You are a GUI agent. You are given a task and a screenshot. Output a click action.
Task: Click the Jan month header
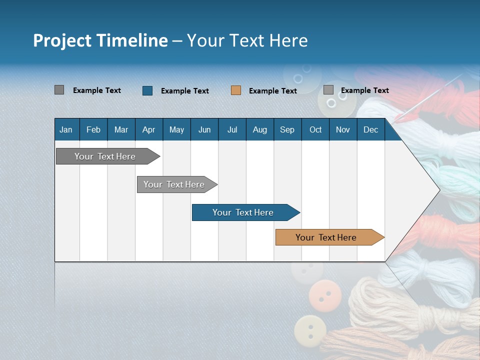tap(66, 129)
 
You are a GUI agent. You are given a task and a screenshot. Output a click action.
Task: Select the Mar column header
tap(121, 129)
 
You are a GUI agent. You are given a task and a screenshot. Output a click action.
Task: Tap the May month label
tap(176, 129)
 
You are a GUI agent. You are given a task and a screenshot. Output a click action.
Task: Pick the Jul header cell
tap(232, 129)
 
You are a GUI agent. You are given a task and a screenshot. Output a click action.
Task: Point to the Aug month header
tap(259, 129)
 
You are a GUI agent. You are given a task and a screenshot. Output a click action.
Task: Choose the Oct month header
tap(315, 129)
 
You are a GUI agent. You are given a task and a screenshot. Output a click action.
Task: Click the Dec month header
tap(370, 129)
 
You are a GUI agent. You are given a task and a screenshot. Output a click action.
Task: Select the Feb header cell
tap(93, 129)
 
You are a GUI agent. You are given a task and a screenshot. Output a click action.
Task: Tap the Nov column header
tap(342, 129)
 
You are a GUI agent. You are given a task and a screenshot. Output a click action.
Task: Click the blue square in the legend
tap(147, 90)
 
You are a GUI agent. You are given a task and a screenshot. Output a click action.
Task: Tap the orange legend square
tap(236, 90)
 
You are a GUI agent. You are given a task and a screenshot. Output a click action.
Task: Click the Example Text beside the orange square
tap(273, 91)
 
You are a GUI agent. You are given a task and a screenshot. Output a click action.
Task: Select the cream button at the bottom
tap(310, 330)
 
